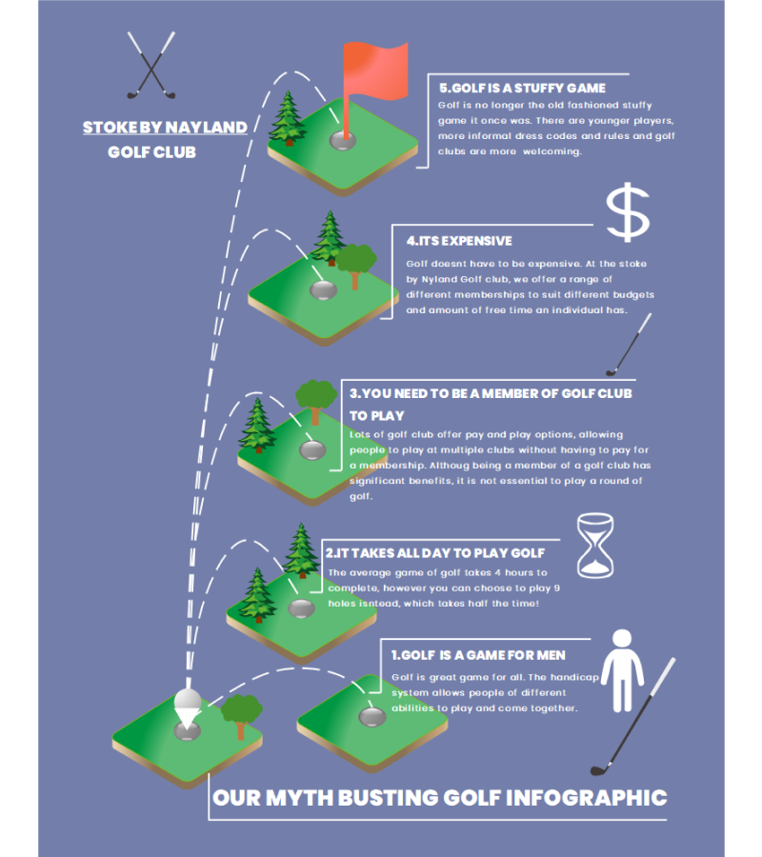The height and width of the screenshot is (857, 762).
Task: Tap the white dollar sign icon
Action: click(628, 212)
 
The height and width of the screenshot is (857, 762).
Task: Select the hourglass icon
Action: click(595, 546)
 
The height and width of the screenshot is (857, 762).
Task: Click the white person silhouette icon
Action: click(622, 670)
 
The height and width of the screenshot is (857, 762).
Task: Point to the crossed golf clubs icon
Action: click(151, 65)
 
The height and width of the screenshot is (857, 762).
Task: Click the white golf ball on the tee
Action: click(188, 699)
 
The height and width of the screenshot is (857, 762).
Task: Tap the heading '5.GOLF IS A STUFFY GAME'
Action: click(522, 88)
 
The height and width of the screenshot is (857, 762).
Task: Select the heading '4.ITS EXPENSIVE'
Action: click(459, 241)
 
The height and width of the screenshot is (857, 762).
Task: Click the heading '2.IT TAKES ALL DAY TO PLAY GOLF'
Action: click(435, 553)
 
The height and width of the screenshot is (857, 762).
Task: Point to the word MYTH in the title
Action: click(299, 798)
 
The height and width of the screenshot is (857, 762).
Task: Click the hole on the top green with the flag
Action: click(343, 141)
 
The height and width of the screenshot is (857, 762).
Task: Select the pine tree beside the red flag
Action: click(288, 118)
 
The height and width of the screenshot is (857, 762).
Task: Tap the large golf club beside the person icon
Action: click(633, 716)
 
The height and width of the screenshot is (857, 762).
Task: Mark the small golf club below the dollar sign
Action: click(629, 345)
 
